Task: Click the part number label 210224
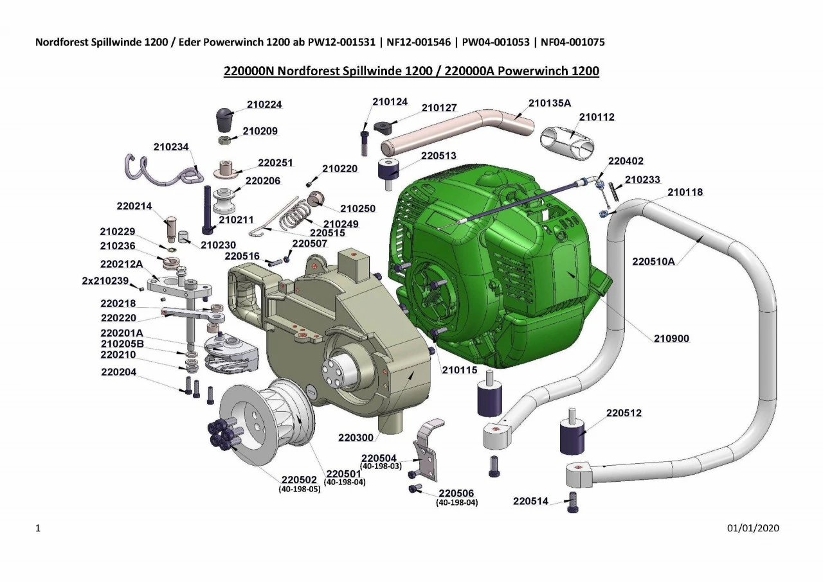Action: [264, 105]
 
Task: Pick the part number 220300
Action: [356, 437]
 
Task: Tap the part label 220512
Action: [624, 412]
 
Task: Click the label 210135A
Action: [549, 103]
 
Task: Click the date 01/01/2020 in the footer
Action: [753, 528]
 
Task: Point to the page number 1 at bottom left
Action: [39, 528]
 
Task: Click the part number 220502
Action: [299, 480]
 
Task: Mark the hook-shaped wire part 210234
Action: [161, 170]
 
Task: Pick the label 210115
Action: [459, 370]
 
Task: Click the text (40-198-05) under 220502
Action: [299, 489]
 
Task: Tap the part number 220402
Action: [626, 161]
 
